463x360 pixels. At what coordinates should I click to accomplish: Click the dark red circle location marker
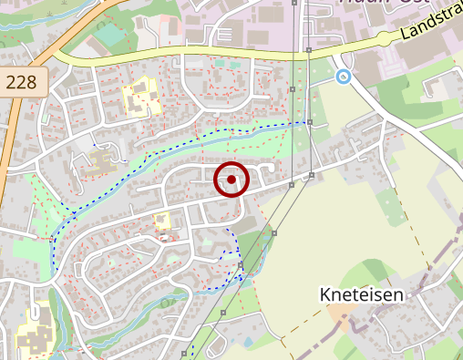pos(231,180)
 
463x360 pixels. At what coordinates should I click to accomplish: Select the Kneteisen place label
pos(362,294)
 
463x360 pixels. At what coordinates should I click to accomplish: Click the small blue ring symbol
pos(343,77)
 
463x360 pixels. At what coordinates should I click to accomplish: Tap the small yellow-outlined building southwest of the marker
pos(162,220)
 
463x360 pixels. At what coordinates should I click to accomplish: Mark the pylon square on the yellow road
pos(309,49)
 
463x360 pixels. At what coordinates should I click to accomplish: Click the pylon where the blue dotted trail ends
pos(310,121)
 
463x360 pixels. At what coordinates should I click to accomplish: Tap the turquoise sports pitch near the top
pos(109,36)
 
